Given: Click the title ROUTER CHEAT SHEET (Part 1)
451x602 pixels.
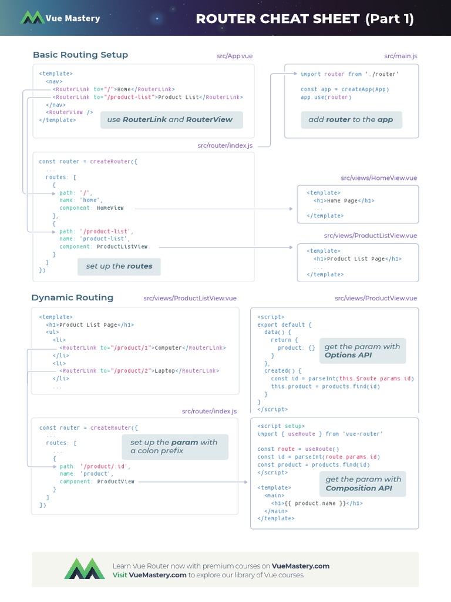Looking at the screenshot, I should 304,19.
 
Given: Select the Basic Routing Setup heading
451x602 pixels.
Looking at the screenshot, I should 80,55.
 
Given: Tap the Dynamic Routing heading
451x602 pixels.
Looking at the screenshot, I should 72,297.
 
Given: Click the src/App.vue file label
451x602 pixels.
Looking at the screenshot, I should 234,56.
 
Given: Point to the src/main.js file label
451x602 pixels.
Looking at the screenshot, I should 400,56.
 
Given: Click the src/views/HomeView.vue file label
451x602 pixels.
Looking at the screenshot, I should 379,178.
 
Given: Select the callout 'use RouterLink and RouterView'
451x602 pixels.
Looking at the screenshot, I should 170,119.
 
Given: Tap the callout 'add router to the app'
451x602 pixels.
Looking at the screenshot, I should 351,119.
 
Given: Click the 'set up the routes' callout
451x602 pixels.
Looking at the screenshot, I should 119,266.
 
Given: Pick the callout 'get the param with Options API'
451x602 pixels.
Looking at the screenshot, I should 362,351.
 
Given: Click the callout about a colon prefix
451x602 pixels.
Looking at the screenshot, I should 174,447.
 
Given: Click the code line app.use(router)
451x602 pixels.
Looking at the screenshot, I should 326,97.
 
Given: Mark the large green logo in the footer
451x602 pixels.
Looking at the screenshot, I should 85,569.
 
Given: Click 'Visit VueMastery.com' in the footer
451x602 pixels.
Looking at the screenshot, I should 150,575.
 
